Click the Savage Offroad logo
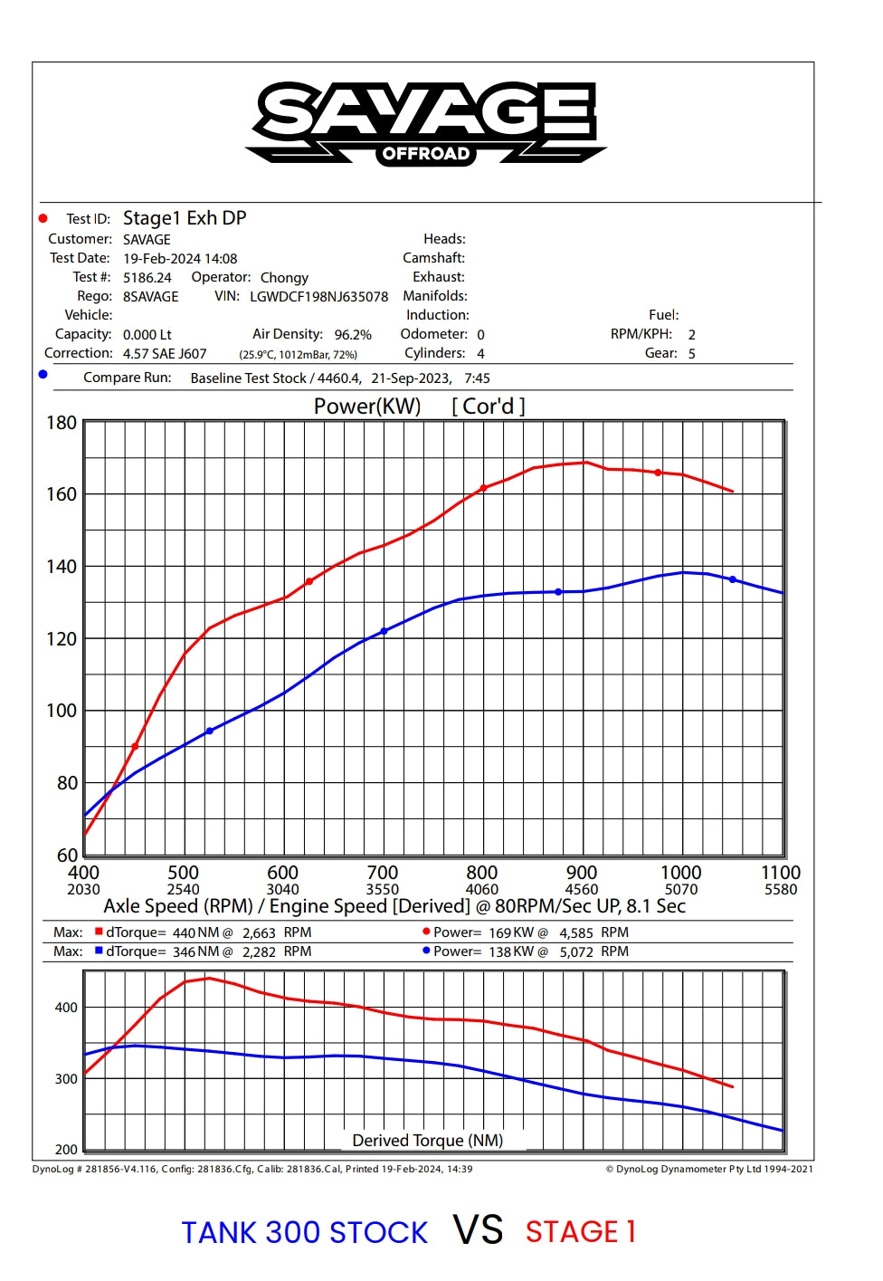click(425, 123)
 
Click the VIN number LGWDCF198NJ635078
click(318, 296)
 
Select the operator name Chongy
click(284, 278)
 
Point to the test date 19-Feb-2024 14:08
click(180, 258)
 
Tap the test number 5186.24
click(147, 278)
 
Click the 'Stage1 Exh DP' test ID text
click(185, 218)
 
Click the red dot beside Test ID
click(43, 218)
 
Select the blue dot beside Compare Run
click(43, 375)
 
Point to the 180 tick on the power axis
click(62, 423)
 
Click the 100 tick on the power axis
click(62, 711)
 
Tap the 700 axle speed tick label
click(382, 873)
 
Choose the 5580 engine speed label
click(781, 890)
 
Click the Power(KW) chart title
click(367, 406)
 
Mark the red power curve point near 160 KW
click(483, 488)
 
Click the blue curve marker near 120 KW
click(384, 631)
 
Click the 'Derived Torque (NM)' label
click(427, 1141)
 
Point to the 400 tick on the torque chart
click(66, 1008)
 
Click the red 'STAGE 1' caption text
click(581, 1232)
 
